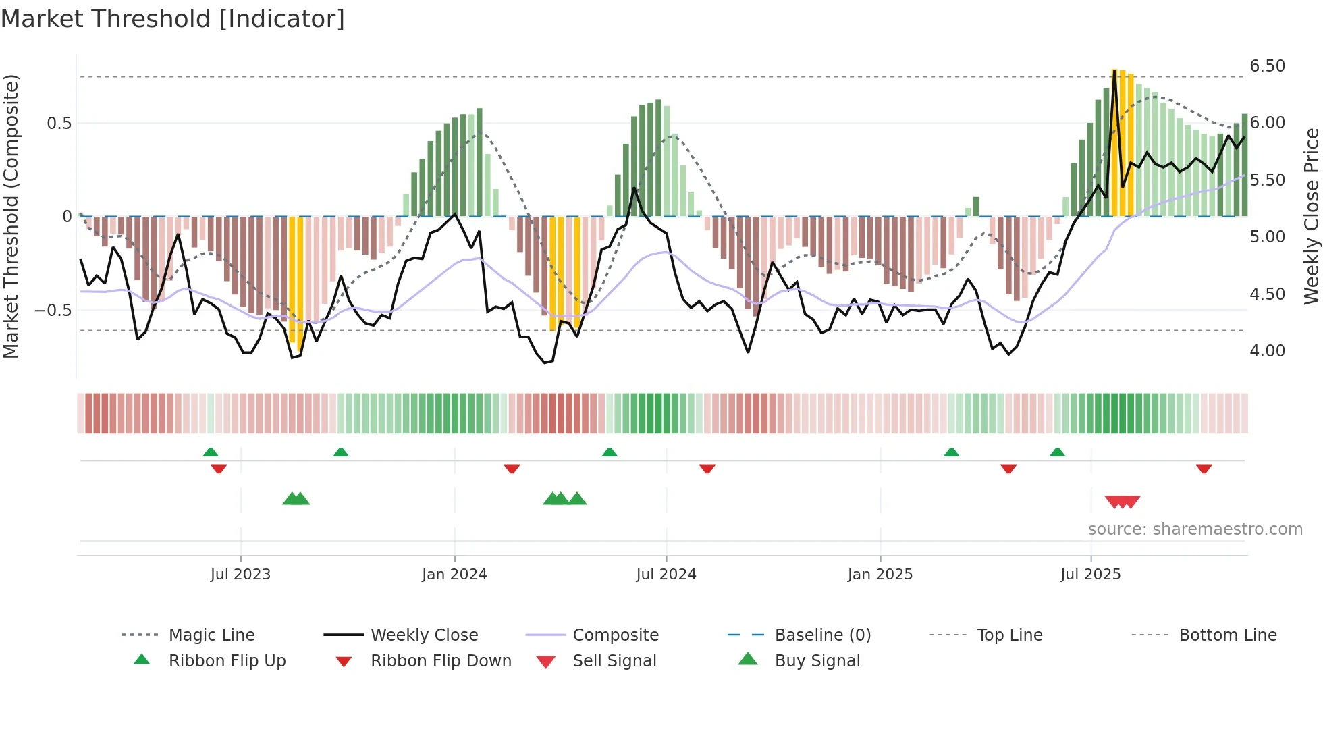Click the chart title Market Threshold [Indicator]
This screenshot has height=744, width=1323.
(173, 19)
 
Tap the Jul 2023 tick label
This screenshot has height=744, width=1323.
(240, 575)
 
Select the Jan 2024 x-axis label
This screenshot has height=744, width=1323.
(454, 575)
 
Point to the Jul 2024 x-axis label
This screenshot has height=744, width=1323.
(666, 575)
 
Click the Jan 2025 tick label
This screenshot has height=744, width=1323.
(880, 575)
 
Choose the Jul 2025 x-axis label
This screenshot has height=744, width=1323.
(1091, 575)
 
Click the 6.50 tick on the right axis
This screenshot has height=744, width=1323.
(1267, 66)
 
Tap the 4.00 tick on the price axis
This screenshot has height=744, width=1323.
(1267, 351)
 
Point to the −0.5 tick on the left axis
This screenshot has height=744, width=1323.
(53, 311)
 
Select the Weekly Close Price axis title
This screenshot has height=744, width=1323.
(1311, 216)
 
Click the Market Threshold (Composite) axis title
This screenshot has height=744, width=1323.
(11, 216)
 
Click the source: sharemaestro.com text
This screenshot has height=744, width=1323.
(1195, 529)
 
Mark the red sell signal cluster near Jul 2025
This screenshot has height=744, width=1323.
(1122, 502)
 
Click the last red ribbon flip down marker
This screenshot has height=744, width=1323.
(1204, 469)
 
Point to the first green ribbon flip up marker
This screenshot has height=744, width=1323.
(211, 452)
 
